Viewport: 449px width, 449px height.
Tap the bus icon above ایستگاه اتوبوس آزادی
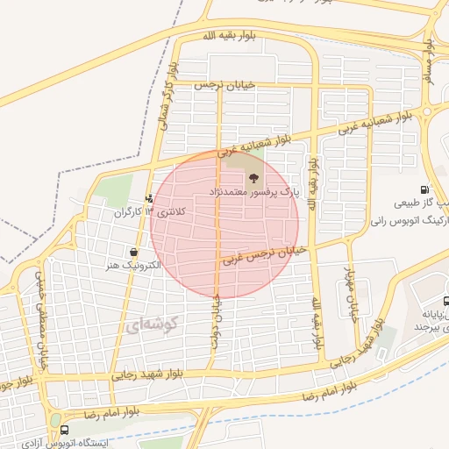[64, 430]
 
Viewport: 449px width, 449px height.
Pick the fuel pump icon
[424, 189]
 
